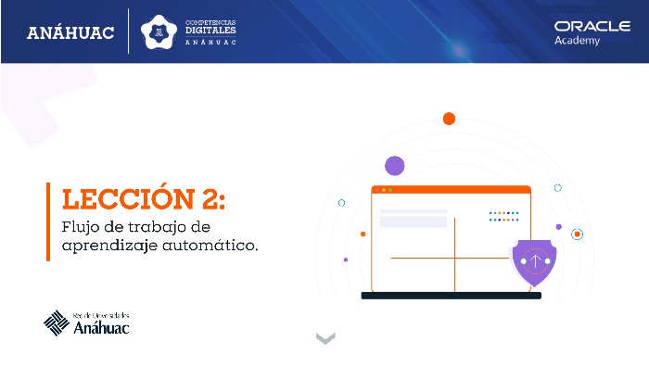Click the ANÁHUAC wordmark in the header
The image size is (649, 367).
70,33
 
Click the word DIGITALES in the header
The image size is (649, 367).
210,30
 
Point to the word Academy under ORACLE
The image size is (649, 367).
578,41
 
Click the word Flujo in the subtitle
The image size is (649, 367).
78,227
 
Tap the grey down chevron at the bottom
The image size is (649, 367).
324,338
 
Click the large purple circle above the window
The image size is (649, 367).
395,166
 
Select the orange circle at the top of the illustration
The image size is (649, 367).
449,119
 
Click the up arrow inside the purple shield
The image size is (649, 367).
534,260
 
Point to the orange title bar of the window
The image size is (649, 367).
451,189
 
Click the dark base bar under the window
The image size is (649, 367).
451,296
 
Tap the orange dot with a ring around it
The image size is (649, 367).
577,234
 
